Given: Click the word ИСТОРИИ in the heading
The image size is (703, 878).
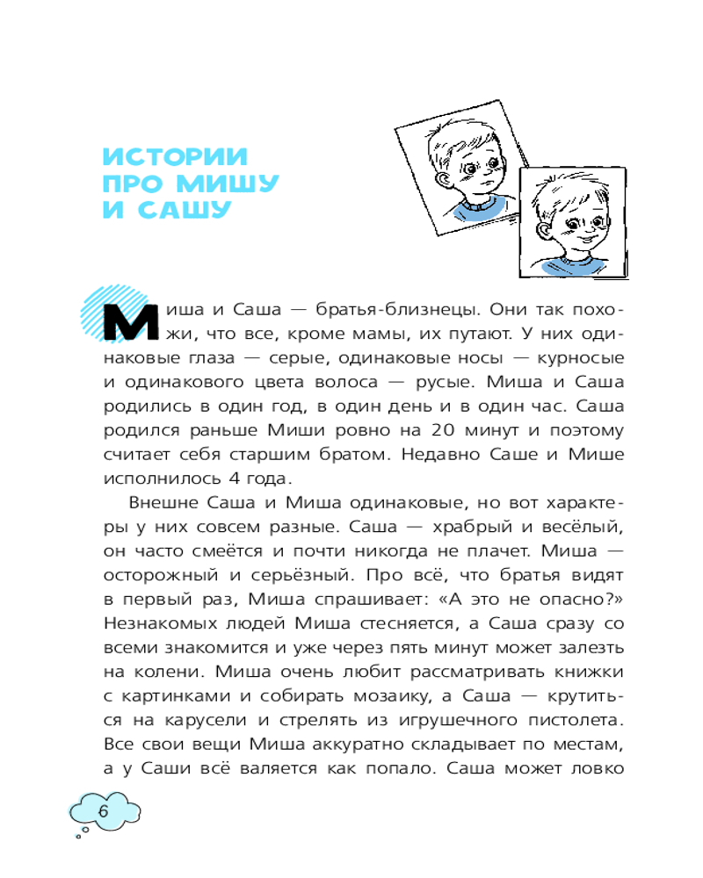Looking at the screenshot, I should tap(176, 158).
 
